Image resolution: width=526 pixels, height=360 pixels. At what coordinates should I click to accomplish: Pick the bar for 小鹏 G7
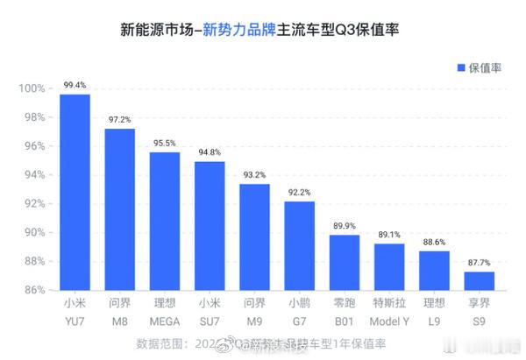(x=299, y=244)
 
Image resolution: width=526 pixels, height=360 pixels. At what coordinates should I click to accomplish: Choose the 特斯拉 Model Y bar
(x=389, y=266)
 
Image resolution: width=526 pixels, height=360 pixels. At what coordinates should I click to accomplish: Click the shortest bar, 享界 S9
(x=479, y=280)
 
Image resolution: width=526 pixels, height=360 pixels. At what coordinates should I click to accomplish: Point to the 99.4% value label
(x=75, y=86)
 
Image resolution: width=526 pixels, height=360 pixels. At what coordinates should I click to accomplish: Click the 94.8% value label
(x=210, y=152)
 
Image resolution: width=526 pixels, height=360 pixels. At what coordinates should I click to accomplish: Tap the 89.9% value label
(x=344, y=225)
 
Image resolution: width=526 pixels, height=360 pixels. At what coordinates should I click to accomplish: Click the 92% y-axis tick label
(x=33, y=204)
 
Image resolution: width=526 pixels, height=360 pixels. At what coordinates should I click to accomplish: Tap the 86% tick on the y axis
(x=33, y=290)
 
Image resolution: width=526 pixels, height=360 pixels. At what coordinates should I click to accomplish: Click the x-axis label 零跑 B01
(x=344, y=312)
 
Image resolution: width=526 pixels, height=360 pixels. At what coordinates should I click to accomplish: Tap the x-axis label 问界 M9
(x=254, y=312)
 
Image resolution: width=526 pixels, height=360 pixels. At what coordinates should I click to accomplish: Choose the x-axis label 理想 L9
(x=434, y=312)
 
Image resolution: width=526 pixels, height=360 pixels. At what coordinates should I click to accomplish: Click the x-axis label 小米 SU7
(x=210, y=312)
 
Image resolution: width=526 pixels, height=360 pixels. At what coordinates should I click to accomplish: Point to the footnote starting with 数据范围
(x=262, y=344)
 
